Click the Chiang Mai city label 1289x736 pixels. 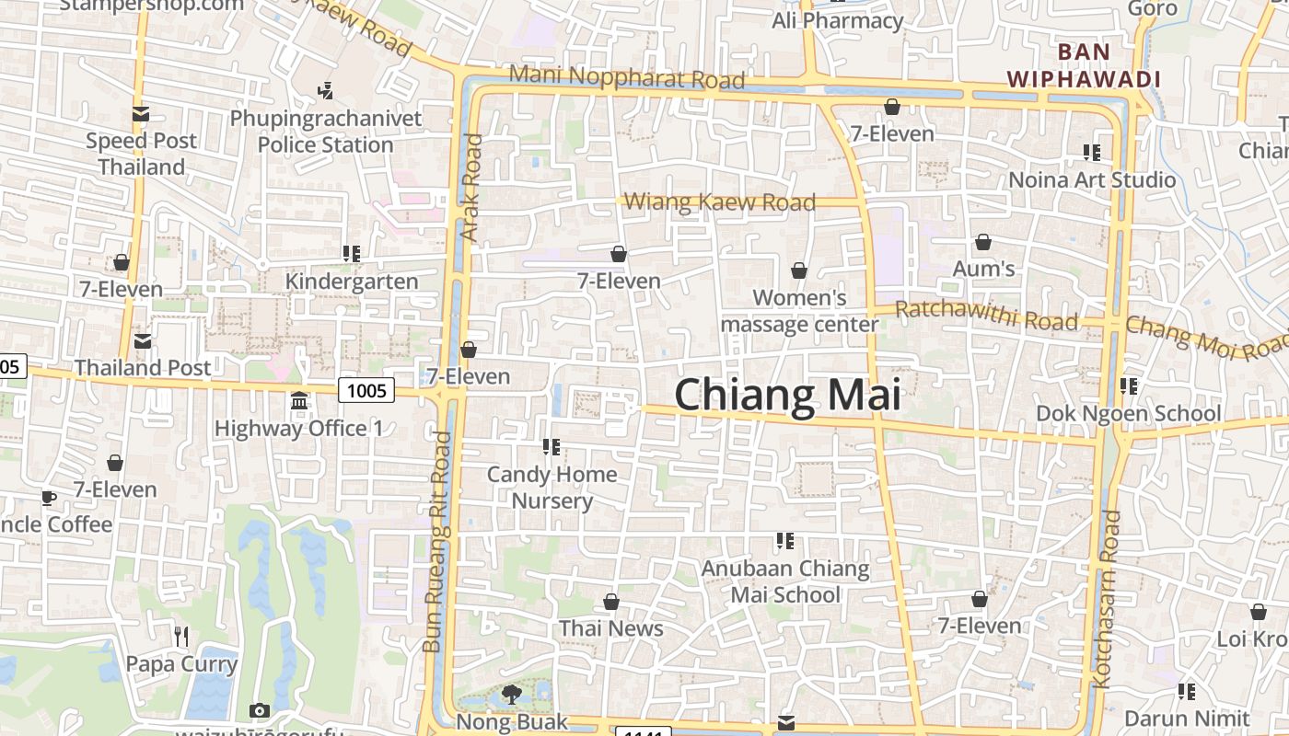tap(787, 395)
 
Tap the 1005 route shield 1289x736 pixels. tap(366, 391)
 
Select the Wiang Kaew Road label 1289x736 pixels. tap(720, 201)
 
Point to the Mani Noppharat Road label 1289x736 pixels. tap(626, 77)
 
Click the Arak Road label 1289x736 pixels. tap(470, 189)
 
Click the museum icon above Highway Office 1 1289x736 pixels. tap(299, 401)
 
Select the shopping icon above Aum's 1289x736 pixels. tap(983, 243)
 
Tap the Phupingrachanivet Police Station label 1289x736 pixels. tap(326, 132)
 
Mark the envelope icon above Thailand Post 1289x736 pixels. tap(143, 341)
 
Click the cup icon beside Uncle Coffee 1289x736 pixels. tap(48, 499)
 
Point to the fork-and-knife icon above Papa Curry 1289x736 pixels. tap(181, 636)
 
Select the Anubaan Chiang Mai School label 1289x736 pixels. tap(785, 581)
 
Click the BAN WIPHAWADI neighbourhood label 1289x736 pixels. tap(1083, 65)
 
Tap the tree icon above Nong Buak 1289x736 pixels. tap(511, 694)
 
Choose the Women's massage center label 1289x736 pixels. tap(799, 311)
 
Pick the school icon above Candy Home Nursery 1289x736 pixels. tap(552, 447)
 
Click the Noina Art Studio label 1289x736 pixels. tap(1092, 179)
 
